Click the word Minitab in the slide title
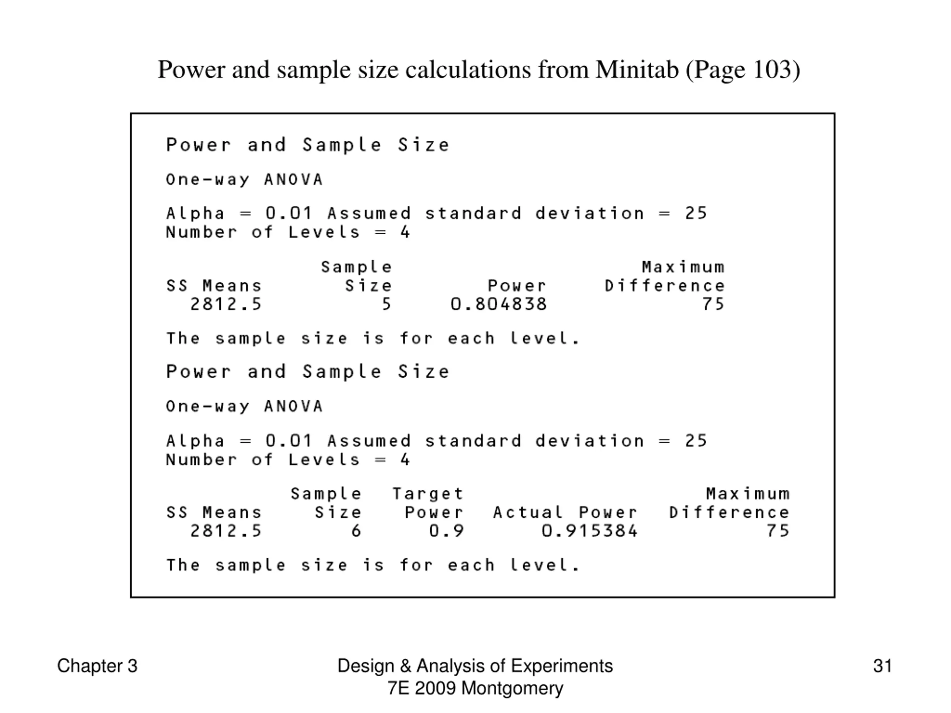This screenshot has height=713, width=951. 637,69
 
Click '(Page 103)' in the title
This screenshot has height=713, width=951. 743,69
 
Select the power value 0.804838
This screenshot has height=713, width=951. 499,304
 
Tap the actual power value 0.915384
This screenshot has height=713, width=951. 590,531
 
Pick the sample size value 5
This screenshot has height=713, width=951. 386,304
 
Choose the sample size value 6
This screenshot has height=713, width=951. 356,531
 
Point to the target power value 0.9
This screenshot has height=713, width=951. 447,531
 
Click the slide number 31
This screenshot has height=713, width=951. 882,666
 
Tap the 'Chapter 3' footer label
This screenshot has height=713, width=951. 97,666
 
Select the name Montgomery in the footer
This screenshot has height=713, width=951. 512,688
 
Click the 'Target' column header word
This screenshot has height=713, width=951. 428,494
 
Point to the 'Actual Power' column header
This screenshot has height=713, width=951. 565,512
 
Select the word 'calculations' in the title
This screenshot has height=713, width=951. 468,69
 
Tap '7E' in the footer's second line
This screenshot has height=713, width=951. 398,688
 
